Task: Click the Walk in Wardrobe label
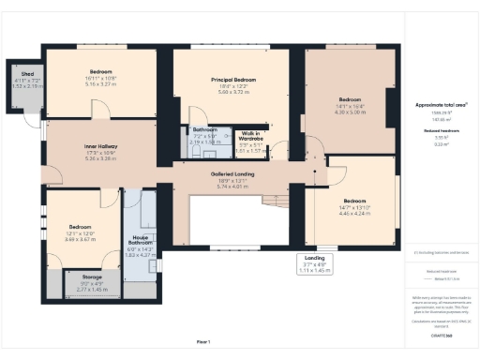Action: tap(250, 138)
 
